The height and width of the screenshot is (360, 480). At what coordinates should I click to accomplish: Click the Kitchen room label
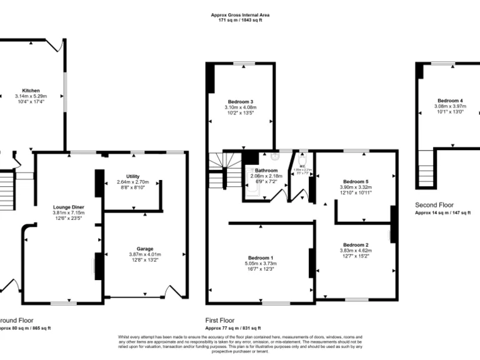coord(31,91)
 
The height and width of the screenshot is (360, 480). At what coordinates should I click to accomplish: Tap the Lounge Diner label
coord(69,207)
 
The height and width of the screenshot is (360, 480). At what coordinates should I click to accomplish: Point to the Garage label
coord(145,249)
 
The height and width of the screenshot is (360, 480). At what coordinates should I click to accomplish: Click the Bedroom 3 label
coord(241,101)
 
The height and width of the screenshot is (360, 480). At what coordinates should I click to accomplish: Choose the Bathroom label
coord(266,171)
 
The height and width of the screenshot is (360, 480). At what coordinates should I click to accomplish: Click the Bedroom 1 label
coord(261,258)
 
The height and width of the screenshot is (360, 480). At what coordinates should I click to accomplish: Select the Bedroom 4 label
coord(450,101)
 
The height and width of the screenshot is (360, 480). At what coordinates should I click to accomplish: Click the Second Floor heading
coord(434,204)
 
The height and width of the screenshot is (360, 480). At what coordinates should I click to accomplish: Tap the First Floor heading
coord(220,319)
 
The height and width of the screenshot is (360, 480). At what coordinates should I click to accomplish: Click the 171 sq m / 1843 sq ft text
coord(240,21)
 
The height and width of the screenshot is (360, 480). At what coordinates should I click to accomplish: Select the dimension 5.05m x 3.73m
coord(261,264)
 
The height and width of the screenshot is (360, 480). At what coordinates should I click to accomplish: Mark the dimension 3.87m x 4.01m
coord(145,254)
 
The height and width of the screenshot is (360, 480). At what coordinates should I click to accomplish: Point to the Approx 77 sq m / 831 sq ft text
coord(233,327)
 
